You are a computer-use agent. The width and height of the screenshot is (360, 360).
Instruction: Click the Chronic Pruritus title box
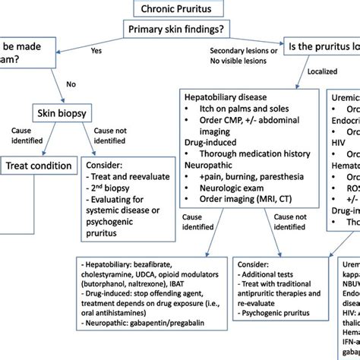point(180,10)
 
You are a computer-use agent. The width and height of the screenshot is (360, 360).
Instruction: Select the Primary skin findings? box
point(180,30)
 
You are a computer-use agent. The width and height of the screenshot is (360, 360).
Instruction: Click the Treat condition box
point(39,166)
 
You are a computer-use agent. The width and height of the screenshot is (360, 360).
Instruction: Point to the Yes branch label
point(96,51)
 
